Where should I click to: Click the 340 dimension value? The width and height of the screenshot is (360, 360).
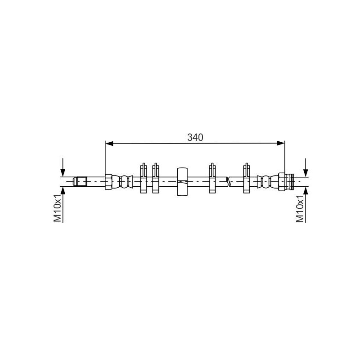point(195,137)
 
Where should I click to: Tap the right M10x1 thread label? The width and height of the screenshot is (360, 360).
point(300,208)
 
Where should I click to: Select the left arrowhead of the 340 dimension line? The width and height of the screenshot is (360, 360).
point(109,144)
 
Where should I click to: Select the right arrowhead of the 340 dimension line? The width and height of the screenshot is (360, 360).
point(280,144)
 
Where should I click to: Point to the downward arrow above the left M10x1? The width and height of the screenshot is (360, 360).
point(63,167)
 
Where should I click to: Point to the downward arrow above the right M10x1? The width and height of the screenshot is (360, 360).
point(306,167)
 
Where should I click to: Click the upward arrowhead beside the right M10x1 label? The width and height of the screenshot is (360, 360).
point(306,190)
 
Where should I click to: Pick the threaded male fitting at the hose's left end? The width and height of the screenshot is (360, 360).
point(80,181)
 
